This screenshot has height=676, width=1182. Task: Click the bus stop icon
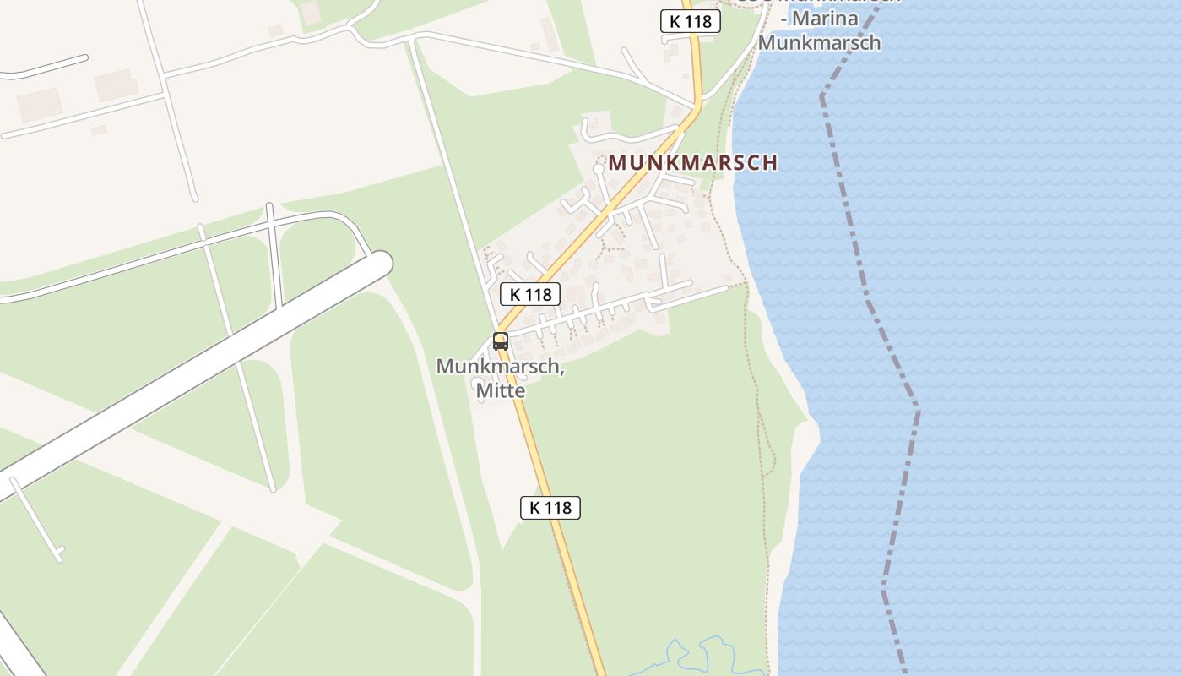(x=501, y=341)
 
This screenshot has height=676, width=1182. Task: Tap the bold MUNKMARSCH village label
(x=692, y=163)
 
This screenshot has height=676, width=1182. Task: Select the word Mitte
(x=501, y=390)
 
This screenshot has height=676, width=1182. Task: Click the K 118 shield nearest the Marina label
(x=690, y=22)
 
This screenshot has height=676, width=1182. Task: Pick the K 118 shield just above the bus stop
(x=530, y=294)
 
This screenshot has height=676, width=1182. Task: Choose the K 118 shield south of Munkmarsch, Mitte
(x=550, y=508)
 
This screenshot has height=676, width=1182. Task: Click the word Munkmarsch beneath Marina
(x=819, y=42)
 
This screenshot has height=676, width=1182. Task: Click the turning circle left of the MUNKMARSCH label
(x=598, y=169)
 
